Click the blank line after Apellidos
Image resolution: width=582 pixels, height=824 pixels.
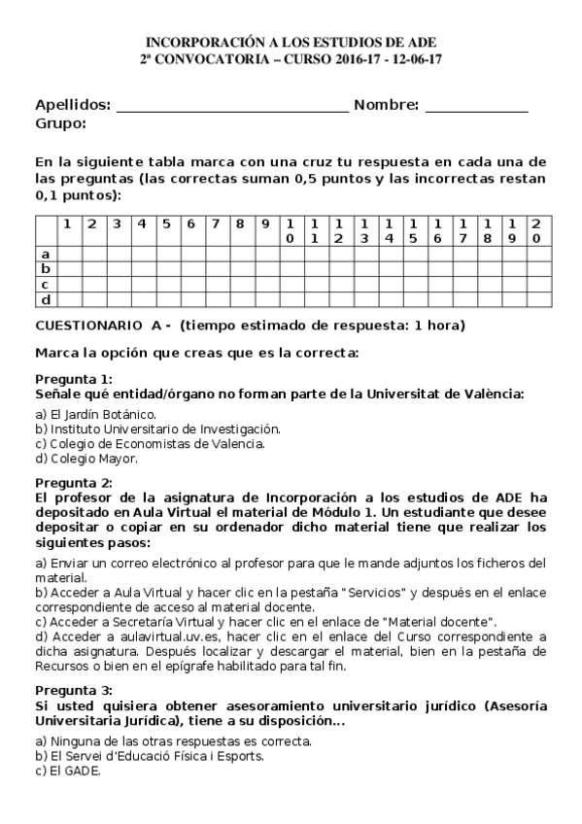pyautogui.click(x=231, y=107)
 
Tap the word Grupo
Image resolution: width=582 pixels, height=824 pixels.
pyautogui.click(x=60, y=123)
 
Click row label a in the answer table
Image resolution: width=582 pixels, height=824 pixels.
pyautogui.click(x=45, y=254)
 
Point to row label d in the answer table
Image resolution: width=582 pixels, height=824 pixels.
pyautogui.click(x=45, y=299)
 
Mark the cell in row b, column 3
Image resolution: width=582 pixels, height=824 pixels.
pyautogui.click(x=116, y=269)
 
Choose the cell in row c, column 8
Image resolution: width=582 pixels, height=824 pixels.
pyautogui.click(x=239, y=284)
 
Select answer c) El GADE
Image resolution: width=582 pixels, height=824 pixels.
pyautogui.click(x=68, y=771)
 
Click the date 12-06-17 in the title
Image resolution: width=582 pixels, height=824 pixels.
pyautogui.click(x=416, y=58)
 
